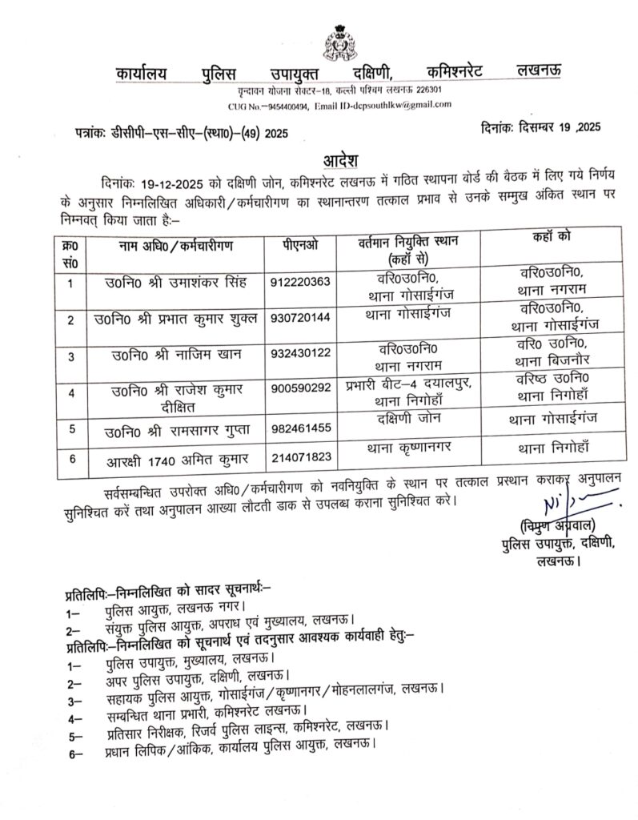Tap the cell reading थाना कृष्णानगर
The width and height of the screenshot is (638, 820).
coord(407,449)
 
